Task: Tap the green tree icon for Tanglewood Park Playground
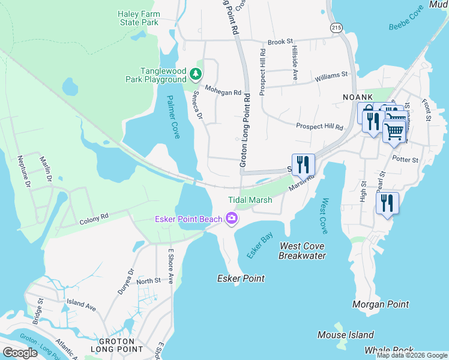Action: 195,74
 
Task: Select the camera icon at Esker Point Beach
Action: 231,219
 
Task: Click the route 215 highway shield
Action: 336,28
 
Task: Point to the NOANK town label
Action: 358,97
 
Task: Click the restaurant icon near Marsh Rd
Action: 303,164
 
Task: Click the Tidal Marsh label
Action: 250,200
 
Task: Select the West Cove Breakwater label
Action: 302,251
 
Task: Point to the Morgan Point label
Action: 381,305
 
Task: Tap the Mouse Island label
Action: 345,335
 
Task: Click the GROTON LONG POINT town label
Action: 116,345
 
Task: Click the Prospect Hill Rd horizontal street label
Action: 319,127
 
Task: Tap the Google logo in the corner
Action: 20,353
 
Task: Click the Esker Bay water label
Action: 259,247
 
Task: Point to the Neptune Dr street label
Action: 23,172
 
